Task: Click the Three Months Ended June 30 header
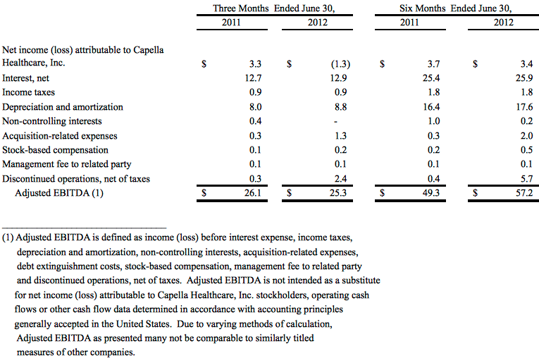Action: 274,8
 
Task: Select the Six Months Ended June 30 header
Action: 455,8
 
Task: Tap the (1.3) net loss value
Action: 340,64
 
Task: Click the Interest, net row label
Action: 26,78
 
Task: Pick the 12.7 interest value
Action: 253,78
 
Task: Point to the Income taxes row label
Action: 28,92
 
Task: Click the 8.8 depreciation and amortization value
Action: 340,107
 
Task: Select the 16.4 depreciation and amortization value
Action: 431,107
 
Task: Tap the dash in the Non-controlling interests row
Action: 336,121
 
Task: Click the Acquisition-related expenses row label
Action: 60,136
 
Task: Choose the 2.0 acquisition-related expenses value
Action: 526,136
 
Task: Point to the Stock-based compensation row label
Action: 56,150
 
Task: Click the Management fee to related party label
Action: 67,164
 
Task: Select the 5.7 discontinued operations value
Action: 526,179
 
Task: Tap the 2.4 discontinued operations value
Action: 340,179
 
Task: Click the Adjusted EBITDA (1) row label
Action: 59,193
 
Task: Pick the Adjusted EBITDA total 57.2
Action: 524,193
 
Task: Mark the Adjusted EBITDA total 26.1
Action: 253,193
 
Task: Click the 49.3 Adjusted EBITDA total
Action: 431,193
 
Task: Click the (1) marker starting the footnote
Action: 8,237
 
